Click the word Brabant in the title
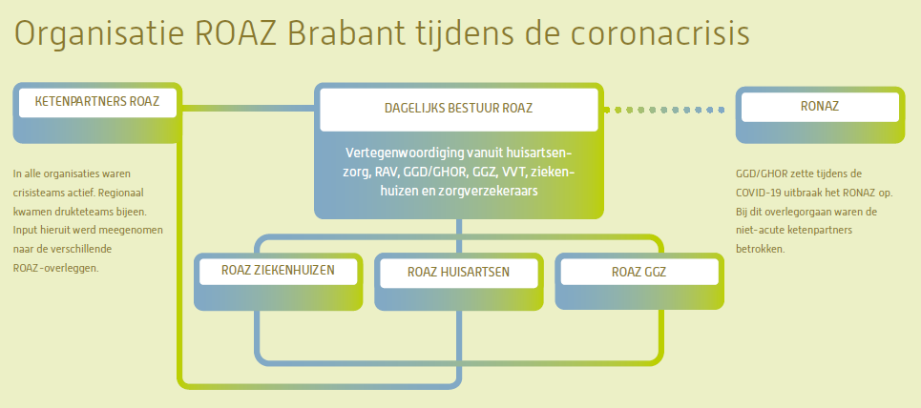345,33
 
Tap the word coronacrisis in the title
659,33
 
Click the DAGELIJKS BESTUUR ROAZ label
459,109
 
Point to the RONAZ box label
820,106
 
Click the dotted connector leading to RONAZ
664,110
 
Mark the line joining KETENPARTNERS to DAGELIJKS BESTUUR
248,108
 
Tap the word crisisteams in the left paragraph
37,193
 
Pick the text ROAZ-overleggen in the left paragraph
55,268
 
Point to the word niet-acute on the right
759,230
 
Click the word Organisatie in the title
98,34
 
